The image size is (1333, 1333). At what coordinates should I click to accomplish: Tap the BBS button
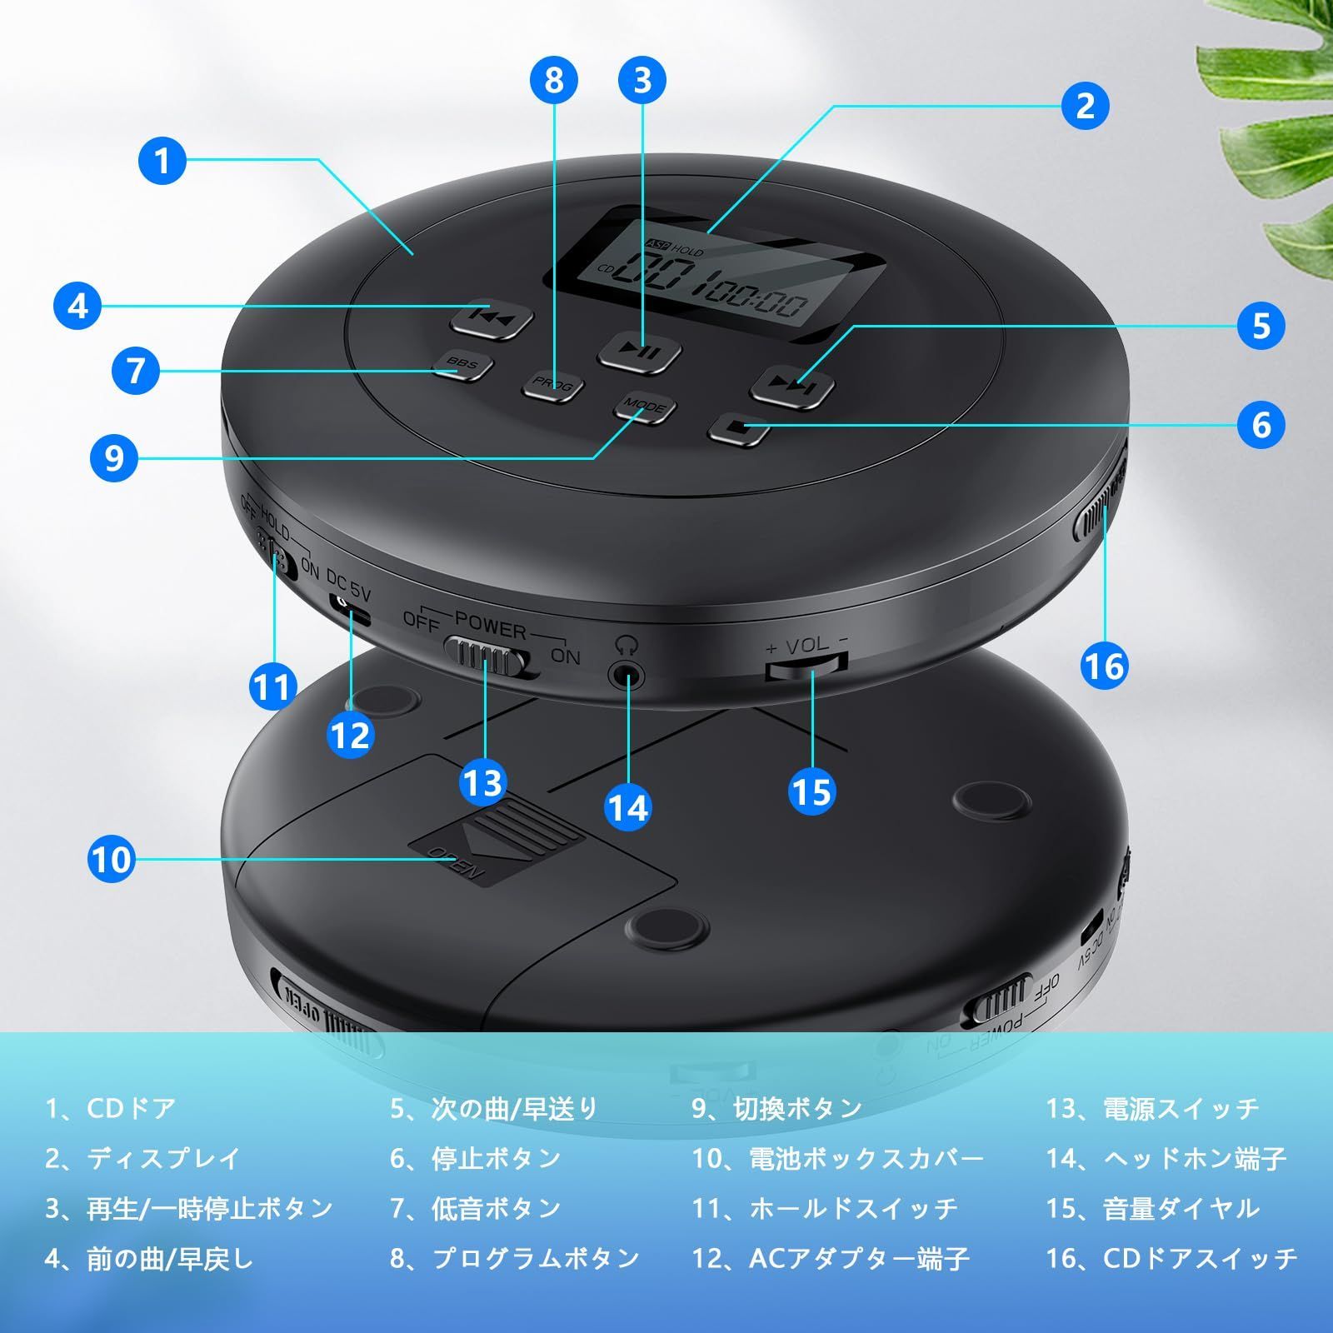[462, 364]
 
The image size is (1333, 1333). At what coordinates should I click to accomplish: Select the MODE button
[645, 407]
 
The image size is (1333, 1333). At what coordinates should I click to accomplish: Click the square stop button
[736, 428]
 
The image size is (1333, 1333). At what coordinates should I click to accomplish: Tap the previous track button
[492, 317]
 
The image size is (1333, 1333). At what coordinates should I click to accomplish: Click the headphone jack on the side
[627, 674]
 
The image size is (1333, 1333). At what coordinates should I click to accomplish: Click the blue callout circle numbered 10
[111, 859]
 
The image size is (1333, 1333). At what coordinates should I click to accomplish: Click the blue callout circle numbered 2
[1085, 105]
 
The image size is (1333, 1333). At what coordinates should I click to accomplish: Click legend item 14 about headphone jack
[1166, 1159]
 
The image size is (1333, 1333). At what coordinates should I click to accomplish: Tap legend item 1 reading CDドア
[111, 1109]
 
